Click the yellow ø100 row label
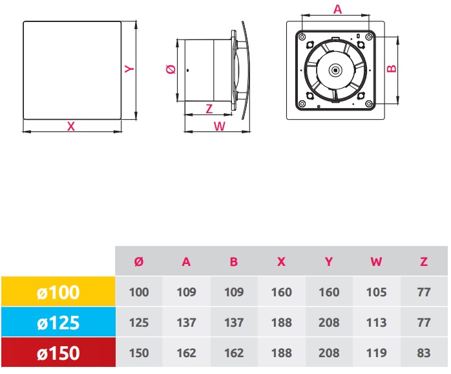[58, 292]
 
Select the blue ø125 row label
[58, 322]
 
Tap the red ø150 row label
[58, 353]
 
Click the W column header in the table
[376, 262]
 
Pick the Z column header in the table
[424, 262]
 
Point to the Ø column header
[138, 262]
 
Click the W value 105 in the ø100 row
[376, 292]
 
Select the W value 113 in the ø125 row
[376, 323]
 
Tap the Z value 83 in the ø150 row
[424, 353]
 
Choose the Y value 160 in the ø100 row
[329, 292]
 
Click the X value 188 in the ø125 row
[281, 323]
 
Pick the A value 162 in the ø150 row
[186, 353]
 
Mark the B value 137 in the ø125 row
[234, 323]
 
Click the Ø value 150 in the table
[138, 353]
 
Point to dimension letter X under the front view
[71, 127]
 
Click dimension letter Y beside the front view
[129, 69]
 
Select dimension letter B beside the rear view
[390, 69]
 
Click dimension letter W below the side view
[219, 127]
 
